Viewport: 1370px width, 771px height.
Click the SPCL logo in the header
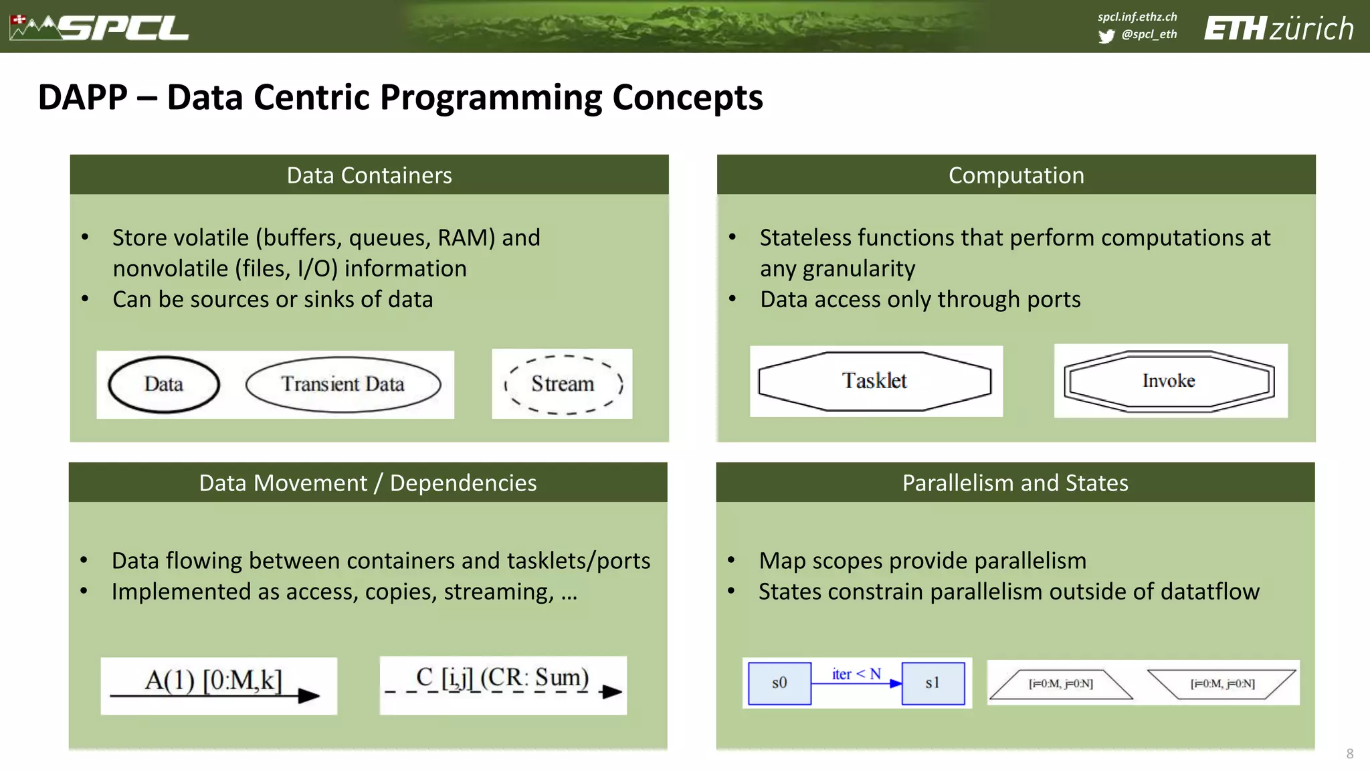pos(100,28)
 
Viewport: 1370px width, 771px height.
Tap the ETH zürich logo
pos(1278,29)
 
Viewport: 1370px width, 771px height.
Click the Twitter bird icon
pos(1106,35)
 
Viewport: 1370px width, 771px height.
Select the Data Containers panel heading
pos(369,175)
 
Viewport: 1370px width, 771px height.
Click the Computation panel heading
pos(1015,175)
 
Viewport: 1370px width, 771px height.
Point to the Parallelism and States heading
pos(1015,483)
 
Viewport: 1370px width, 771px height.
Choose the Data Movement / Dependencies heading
pos(367,483)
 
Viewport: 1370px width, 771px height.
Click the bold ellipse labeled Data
pos(164,384)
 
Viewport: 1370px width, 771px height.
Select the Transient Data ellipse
pos(343,384)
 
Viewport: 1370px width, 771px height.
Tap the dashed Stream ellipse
pos(563,384)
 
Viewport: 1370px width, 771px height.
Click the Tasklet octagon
pos(874,381)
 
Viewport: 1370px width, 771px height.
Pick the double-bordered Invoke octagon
pos(1169,381)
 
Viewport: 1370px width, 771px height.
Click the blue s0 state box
pos(779,683)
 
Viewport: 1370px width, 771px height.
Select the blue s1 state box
pos(933,683)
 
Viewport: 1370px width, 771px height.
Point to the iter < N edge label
pos(856,674)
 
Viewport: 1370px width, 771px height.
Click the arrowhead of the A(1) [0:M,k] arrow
pos(309,696)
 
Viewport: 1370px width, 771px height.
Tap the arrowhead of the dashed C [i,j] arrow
pos(611,692)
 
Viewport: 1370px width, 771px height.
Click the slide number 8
pos(1349,754)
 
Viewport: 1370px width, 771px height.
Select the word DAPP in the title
pos(82,98)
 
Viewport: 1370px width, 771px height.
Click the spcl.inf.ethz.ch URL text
pos(1137,17)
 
